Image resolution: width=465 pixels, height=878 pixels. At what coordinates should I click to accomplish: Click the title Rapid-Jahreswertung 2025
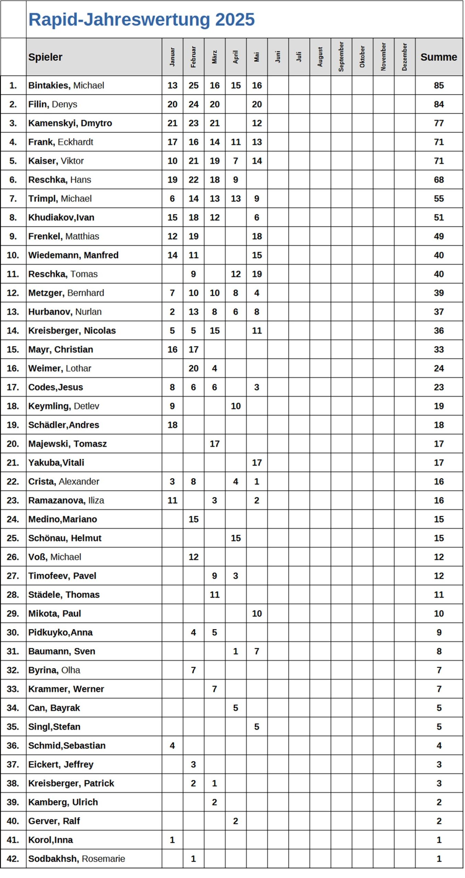141,20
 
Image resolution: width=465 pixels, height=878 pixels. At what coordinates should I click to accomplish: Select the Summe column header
439,57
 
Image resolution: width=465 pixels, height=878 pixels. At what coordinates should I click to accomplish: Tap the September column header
341,57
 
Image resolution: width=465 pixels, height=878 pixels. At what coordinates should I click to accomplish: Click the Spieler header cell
45,57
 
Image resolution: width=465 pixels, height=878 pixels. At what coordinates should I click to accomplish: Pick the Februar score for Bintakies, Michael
194,85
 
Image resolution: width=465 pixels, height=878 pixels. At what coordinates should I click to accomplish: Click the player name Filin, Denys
53,104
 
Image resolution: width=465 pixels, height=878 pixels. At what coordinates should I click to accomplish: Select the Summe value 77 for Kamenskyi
439,123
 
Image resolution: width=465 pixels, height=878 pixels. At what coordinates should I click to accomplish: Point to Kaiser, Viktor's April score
235,161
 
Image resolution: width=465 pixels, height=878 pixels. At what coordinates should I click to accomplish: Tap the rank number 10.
13,255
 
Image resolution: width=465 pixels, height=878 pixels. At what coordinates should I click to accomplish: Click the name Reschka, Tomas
63,274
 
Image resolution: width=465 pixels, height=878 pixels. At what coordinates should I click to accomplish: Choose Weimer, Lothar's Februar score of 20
194,368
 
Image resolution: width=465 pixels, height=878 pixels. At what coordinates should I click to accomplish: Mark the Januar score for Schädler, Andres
172,425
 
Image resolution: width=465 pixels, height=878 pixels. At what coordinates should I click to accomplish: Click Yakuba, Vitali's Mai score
257,463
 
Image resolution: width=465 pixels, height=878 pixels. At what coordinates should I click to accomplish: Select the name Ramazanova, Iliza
66,500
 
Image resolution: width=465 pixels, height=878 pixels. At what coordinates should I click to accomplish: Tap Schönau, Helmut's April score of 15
235,538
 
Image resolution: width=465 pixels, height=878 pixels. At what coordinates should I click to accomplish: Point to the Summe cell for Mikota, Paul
439,614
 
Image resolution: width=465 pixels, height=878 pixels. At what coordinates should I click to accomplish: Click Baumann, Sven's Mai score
257,651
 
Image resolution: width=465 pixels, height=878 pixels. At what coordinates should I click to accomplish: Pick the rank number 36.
13,746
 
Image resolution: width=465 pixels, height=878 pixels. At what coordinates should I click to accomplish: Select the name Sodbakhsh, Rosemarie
77,859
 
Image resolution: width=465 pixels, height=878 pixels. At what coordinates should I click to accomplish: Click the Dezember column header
405,57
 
